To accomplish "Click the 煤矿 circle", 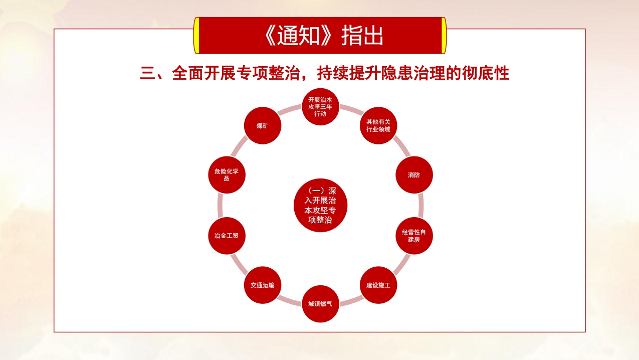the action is (263, 126).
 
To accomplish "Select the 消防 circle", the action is (414, 174).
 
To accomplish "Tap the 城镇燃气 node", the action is (320, 304).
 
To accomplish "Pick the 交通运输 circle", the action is (263, 285).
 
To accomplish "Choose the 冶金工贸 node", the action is (227, 236).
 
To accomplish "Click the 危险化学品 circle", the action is (227, 174).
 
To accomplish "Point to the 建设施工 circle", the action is (378, 285).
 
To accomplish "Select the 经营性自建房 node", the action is (414, 236).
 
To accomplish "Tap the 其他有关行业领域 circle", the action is (378, 126).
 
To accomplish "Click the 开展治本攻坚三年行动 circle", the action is (320, 107).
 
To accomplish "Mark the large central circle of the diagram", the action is (320, 205).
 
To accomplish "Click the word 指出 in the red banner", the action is (362, 36).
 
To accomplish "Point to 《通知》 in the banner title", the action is (299, 36).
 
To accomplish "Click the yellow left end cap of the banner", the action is (196, 36).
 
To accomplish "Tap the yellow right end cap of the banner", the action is (444, 36).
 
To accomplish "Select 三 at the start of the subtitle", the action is (148, 73).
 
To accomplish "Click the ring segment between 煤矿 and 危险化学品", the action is (239, 146).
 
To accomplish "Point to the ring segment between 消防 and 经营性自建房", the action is (421, 205).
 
